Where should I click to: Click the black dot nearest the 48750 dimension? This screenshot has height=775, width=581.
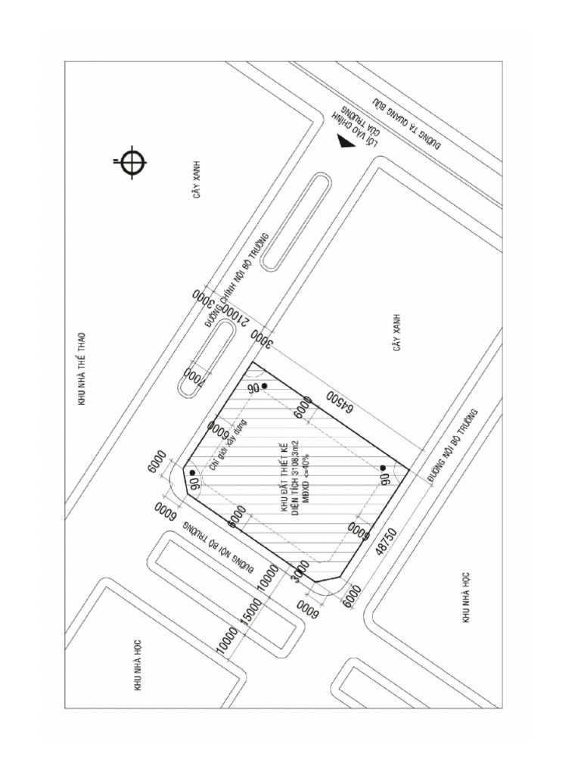[383, 468]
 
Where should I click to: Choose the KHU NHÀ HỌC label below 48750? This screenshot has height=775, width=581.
[466, 597]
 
